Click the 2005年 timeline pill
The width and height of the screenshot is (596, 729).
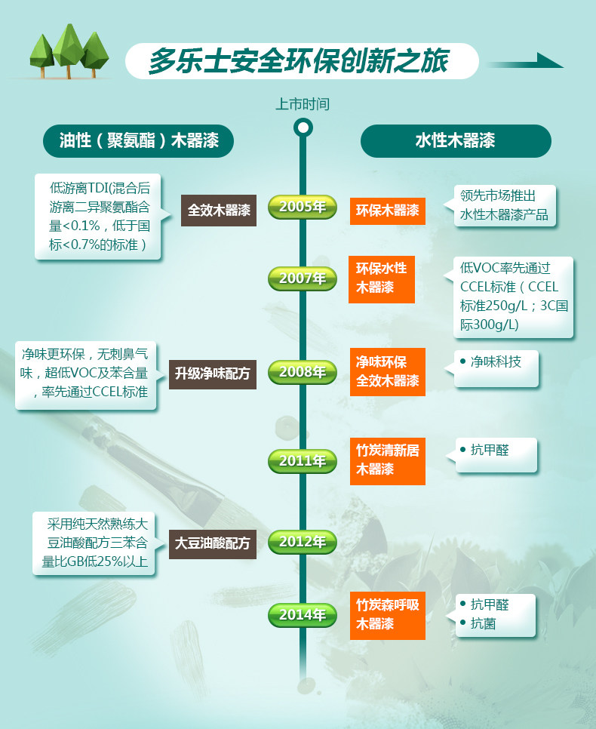click(x=302, y=207)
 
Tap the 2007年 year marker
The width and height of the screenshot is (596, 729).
click(x=302, y=278)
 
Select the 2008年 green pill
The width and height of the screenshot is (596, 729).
click(x=302, y=371)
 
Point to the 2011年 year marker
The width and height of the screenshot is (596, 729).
click(x=302, y=460)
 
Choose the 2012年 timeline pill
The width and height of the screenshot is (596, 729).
click(x=302, y=541)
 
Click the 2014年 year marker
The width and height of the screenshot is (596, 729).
click(x=302, y=614)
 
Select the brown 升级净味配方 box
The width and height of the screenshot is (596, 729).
click(x=212, y=374)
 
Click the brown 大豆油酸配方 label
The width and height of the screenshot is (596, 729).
click(x=212, y=543)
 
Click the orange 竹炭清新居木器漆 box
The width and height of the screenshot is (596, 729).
click(x=387, y=460)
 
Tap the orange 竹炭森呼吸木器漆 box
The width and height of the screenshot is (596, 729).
click(x=387, y=614)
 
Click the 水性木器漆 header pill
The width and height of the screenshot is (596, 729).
click(x=455, y=140)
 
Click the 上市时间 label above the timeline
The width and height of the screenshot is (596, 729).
click(x=303, y=103)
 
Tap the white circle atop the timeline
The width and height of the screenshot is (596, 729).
click(x=303, y=127)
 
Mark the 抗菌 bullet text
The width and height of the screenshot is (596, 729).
click(x=483, y=624)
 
